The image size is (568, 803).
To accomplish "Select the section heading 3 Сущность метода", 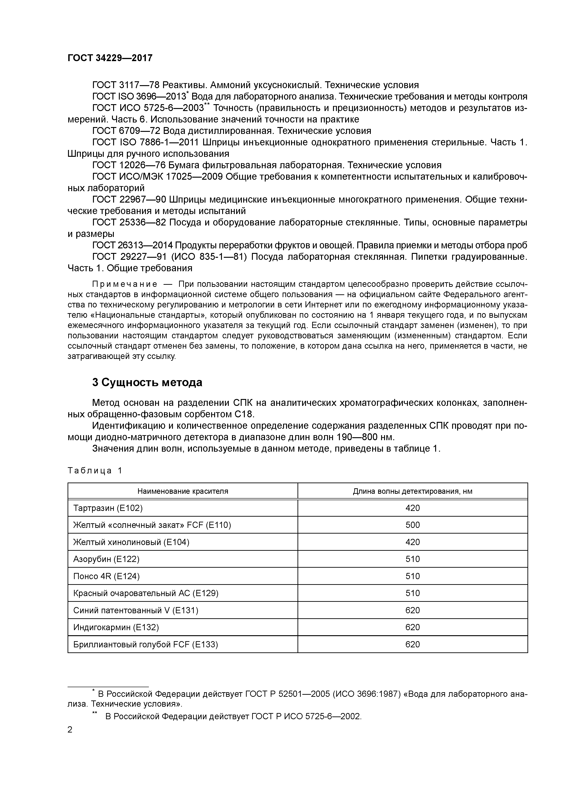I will [x=147, y=383].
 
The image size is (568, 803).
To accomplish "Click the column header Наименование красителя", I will [x=183, y=491].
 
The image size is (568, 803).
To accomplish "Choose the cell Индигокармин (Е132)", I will [x=116, y=627].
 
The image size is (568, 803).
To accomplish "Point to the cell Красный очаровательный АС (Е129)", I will [x=146, y=593].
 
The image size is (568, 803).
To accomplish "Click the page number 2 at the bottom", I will [x=70, y=730].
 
